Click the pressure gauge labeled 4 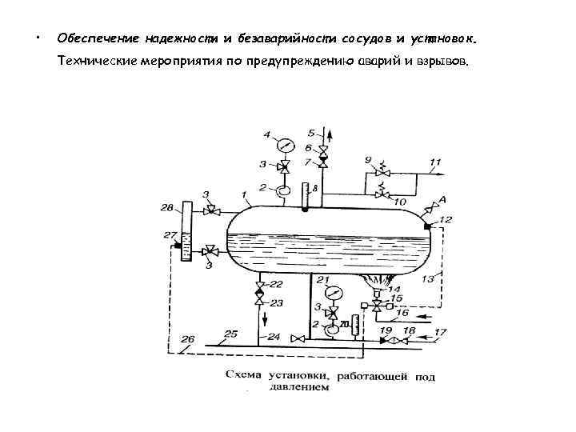coord(283,146)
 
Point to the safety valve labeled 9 coord(384,171)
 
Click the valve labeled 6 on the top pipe coord(322,150)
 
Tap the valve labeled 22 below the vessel coord(259,286)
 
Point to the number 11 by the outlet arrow coord(435,163)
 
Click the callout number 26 coord(188,338)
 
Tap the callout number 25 coord(230,333)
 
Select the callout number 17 coord(440,330)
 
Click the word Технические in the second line coord(95,62)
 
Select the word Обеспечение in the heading coord(96,38)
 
